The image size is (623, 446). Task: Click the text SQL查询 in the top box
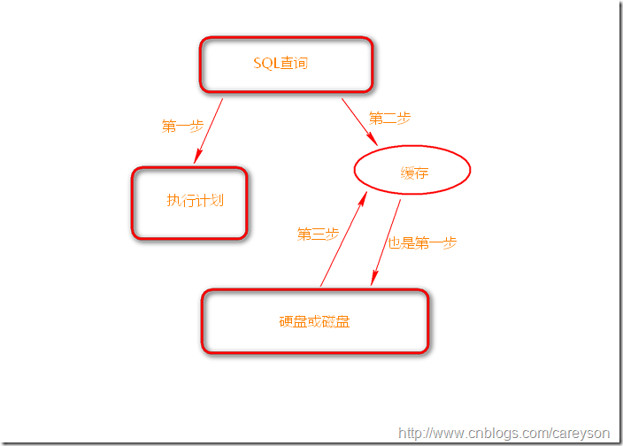point(281,63)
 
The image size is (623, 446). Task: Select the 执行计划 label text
point(195,200)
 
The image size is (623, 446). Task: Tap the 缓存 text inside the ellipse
point(414,173)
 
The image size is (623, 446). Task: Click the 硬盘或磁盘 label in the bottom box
point(314,321)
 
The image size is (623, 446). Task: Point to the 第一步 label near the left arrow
point(183,126)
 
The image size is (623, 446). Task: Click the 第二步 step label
point(389,118)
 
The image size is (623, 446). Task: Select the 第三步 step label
point(318,234)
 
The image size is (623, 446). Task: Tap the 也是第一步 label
point(422,242)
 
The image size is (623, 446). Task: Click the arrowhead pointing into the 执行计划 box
point(197,157)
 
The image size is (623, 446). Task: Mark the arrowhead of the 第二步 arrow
point(373,140)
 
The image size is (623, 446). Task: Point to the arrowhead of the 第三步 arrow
point(363,198)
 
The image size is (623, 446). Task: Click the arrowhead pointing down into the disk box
point(374,278)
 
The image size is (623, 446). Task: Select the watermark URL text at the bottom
point(504,433)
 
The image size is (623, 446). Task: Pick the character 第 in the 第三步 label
point(304,234)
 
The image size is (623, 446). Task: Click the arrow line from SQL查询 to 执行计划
point(208,131)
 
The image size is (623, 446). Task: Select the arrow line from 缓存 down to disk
point(386,242)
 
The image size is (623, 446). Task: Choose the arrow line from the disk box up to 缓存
point(344,239)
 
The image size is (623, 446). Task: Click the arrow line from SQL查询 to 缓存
point(359,122)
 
